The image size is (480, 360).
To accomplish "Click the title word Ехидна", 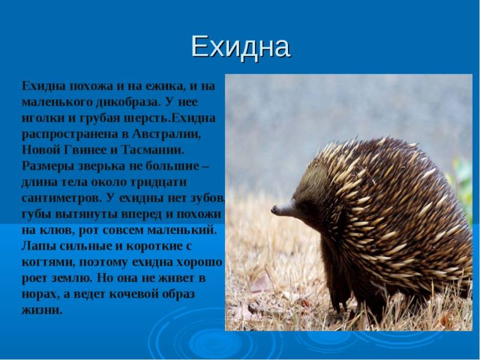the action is click(241, 47).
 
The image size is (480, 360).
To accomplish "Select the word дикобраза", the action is click(128, 102).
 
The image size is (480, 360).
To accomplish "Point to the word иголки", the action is click(43, 118).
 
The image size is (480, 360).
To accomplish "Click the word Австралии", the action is click(166, 134).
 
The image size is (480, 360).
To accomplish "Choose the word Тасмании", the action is click(153, 150).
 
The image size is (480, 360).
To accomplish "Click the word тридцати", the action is click(158, 182).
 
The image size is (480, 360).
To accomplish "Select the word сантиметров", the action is click(61, 198).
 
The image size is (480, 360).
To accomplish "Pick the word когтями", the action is click(49, 263).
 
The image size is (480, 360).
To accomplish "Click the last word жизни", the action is click(41, 310).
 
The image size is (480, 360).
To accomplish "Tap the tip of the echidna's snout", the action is click(274, 209).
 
